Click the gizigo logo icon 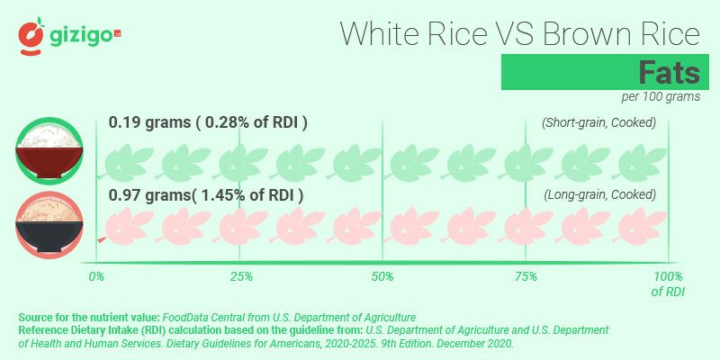click(31, 34)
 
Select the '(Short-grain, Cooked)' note click(598, 122)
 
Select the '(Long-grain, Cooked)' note click(600, 194)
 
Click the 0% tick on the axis click(97, 276)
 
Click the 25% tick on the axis click(239, 276)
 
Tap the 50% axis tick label click(382, 276)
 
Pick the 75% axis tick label click(526, 276)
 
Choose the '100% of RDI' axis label click(667, 283)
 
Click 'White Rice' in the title click(414, 33)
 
